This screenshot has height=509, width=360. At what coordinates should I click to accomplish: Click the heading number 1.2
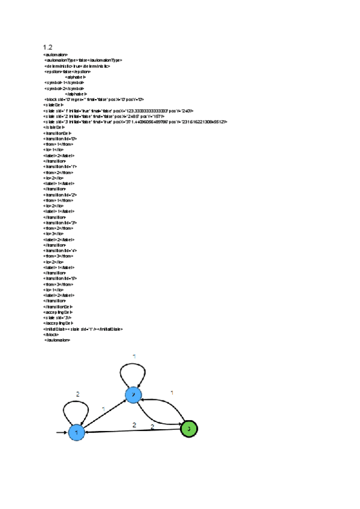tap(47, 47)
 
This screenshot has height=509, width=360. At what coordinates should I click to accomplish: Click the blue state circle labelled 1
tap(76, 432)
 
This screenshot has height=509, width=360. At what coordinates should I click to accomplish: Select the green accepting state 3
tap(188, 429)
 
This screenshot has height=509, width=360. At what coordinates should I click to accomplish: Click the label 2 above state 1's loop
tap(77, 394)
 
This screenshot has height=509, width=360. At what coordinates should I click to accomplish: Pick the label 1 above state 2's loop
tap(134, 357)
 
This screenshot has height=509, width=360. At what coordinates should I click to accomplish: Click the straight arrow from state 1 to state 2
tap(105, 413)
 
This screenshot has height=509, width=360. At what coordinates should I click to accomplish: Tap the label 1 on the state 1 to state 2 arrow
tap(103, 409)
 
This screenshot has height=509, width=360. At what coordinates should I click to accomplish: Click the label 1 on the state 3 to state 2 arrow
tap(172, 393)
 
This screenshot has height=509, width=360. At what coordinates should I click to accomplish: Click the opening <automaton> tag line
tap(55, 55)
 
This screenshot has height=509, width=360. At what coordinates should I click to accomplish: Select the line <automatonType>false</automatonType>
tap(83, 60)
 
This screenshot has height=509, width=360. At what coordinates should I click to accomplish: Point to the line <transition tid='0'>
tap(60, 138)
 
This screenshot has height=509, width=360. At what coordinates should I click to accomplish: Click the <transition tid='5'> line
tap(60, 279)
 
